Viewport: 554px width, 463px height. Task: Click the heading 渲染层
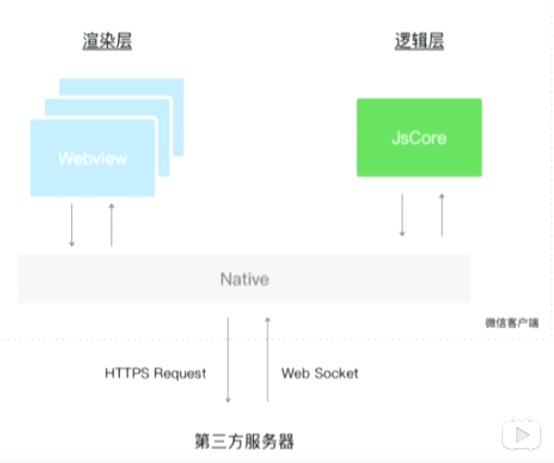click(107, 41)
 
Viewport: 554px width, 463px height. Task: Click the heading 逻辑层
click(419, 41)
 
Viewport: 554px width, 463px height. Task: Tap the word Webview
click(92, 158)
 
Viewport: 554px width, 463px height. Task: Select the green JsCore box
click(419, 137)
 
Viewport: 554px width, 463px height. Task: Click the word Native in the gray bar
click(245, 279)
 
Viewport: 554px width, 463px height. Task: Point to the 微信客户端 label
click(511, 323)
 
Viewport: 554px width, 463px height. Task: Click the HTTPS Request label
click(156, 373)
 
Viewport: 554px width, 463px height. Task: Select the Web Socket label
click(319, 373)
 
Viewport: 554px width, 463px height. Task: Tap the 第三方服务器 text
click(244, 441)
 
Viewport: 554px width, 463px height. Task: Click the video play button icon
click(521, 435)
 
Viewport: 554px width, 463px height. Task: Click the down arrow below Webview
click(72, 224)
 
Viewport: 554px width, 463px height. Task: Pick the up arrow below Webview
click(111, 224)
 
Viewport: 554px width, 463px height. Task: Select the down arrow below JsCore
click(402, 215)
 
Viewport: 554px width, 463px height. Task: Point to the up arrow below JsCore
click(441, 215)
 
